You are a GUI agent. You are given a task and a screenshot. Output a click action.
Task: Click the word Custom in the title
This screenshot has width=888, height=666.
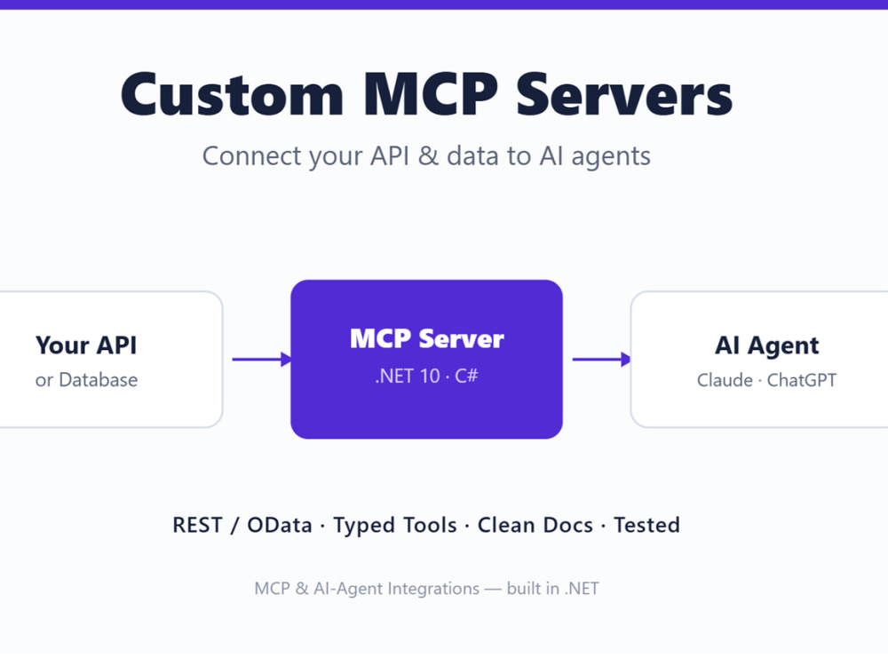point(232,95)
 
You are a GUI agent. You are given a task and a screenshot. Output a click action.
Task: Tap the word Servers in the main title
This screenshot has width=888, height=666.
point(624,95)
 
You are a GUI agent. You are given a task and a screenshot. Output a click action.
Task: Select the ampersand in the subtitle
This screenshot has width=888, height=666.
point(428,156)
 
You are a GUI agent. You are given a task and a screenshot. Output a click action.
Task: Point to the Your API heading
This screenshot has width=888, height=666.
point(86,345)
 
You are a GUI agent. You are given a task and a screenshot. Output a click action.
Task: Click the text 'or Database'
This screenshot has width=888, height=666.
point(86,380)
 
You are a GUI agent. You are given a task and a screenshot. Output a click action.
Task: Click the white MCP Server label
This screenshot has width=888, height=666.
point(427,338)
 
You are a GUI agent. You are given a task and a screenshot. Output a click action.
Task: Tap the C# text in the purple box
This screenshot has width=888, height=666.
point(467,376)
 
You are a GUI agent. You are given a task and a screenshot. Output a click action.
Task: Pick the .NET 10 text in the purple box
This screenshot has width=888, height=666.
point(408,376)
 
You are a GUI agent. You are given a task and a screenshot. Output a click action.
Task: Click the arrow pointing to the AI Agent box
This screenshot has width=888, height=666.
point(601,359)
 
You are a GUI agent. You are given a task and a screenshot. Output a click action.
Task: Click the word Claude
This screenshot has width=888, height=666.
point(725,380)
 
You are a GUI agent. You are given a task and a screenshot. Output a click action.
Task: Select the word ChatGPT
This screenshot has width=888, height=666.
point(801,380)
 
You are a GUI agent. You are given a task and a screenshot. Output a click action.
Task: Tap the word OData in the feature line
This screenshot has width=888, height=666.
point(280,525)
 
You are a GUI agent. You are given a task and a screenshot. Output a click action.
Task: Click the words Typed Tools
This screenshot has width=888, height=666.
point(395,526)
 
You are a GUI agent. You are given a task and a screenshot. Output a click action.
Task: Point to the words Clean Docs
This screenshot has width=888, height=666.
point(535,525)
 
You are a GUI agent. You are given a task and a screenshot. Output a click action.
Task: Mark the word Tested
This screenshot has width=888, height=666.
point(646,525)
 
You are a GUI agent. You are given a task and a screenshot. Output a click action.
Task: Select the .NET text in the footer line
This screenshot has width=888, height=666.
point(582,589)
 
